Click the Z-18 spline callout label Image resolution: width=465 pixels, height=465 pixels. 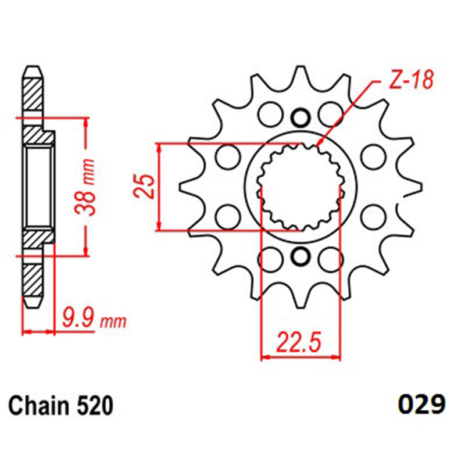click(412, 80)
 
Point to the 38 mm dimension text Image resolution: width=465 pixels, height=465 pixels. click(85, 187)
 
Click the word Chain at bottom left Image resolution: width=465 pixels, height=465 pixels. click(38, 406)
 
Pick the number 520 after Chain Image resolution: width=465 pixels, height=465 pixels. click(95, 406)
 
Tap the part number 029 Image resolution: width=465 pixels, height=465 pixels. click(421, 405)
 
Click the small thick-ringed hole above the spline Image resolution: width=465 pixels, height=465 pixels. click(301, 118)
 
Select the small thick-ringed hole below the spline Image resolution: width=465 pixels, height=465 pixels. click(301, 256)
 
